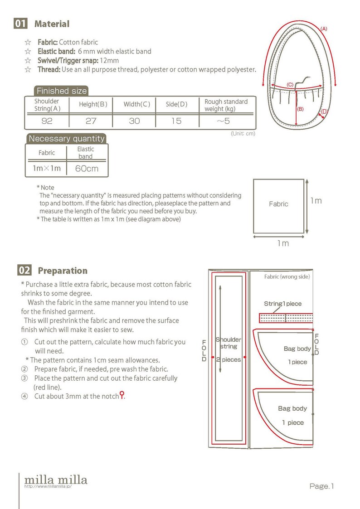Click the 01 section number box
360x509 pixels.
coord(20,24)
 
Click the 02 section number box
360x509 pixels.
coord(24,271)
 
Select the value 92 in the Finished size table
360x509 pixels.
coord(47,121)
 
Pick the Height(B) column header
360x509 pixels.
coord(93,104)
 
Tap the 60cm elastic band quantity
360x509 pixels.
coord(87,169)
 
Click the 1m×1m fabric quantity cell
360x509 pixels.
coord(47,168)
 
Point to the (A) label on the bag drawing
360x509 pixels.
coord(324,29)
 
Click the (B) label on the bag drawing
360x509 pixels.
coord(300,109)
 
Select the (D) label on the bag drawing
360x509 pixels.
coord(324,111)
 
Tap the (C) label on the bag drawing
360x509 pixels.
coord(290,85)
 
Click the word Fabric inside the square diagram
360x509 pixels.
coord(278,204)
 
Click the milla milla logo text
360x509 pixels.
coord(56,480)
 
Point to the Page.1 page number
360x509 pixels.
coord(322,486)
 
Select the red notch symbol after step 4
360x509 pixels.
coord(122,395)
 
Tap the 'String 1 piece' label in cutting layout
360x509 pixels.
coord(283,304)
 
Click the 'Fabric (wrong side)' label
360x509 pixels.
coord(287,276)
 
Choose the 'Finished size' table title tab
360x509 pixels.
coord(61,91)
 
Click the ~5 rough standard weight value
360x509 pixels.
coord(223,121)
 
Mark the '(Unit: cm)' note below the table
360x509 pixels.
coord(243,133)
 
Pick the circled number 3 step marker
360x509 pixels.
coord(24,378)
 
